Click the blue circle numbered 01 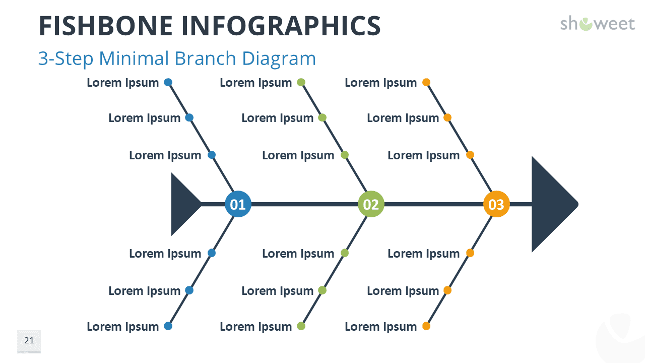pos(238,204)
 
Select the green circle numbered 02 pos(371,204)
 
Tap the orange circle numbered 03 pos(496,204)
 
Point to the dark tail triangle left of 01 pos(183,204)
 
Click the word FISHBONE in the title pos(106,26)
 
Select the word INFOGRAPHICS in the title pos(281,26)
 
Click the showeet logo pos(598,24)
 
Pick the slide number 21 pos(29,340)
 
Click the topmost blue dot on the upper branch pos(168,82)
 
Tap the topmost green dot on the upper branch pos(301,82)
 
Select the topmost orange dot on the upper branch pos(426,82)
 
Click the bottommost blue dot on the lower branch pos(168,326)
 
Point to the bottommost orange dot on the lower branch pos(426,326)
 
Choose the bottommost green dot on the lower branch pos(301,326)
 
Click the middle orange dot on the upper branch pos(447,117)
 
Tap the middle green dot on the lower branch pos(322,290)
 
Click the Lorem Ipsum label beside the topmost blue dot pos(123,83)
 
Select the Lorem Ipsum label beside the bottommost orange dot pos(381,327)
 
